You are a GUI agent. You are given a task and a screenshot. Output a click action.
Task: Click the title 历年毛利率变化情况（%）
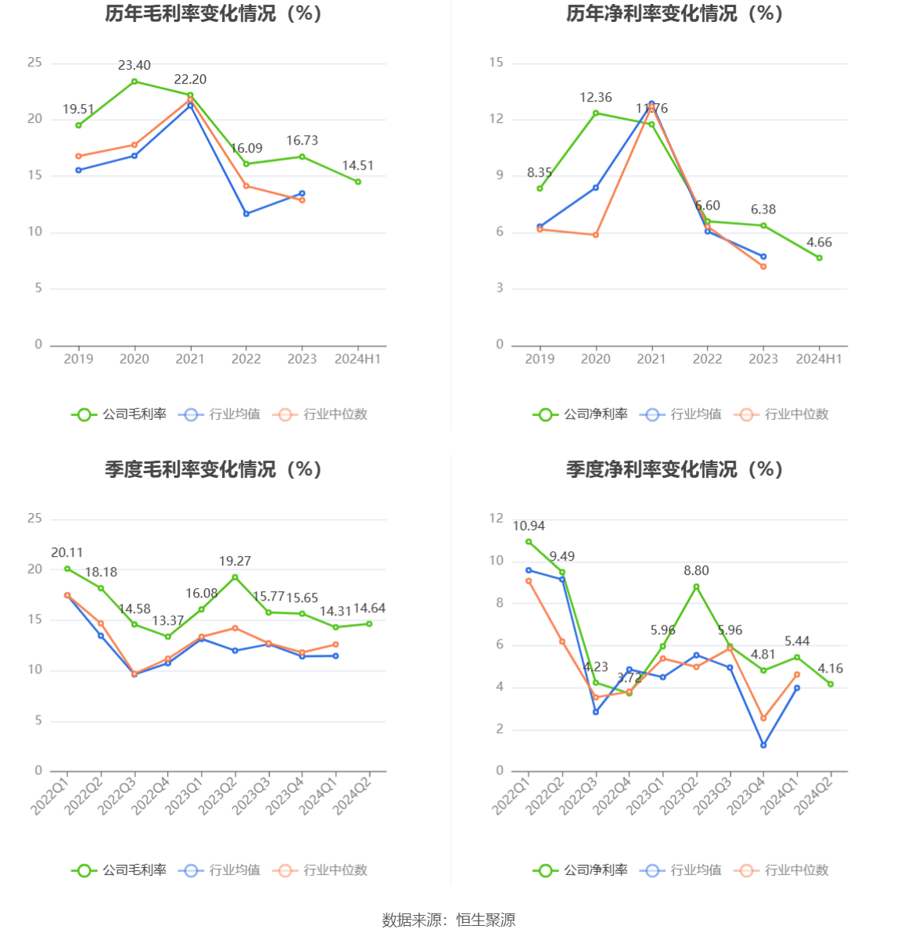point(213,13)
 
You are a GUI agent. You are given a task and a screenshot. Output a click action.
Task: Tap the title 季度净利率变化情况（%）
point(674,469)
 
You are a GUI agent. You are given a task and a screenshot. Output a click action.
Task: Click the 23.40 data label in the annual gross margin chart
point(135,66)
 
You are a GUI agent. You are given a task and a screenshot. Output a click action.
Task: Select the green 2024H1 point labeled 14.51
point(358,181)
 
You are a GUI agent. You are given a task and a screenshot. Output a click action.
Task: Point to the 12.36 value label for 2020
point(596,98)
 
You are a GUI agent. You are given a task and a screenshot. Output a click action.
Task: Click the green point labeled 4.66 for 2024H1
point(820,258)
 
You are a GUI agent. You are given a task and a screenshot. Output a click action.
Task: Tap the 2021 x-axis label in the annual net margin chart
point(651,359)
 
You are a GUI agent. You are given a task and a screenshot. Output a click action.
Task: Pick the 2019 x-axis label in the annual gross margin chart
point(78,359)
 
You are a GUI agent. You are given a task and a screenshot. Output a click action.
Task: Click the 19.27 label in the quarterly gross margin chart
point(235,561)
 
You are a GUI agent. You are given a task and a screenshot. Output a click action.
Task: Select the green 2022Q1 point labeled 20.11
point(67,569)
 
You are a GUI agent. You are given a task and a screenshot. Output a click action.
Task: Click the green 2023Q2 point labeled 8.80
point(696,587)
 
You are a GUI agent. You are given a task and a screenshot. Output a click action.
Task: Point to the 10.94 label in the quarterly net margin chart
point(529,526)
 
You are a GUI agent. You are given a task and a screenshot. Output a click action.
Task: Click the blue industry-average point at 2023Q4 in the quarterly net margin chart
point(763,745)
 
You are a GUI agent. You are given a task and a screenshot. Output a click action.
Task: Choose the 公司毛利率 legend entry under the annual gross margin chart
point(120,414)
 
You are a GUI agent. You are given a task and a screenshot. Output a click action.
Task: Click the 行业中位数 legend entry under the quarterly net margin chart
point(782,870)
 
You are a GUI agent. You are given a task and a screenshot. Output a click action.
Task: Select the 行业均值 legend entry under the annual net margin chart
point(681,414)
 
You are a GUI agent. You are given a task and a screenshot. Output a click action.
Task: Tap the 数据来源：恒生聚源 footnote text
point(448,920)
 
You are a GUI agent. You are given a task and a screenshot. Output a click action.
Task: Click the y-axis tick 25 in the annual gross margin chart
point(34,63)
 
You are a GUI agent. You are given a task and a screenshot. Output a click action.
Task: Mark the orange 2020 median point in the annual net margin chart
point(596,235)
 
